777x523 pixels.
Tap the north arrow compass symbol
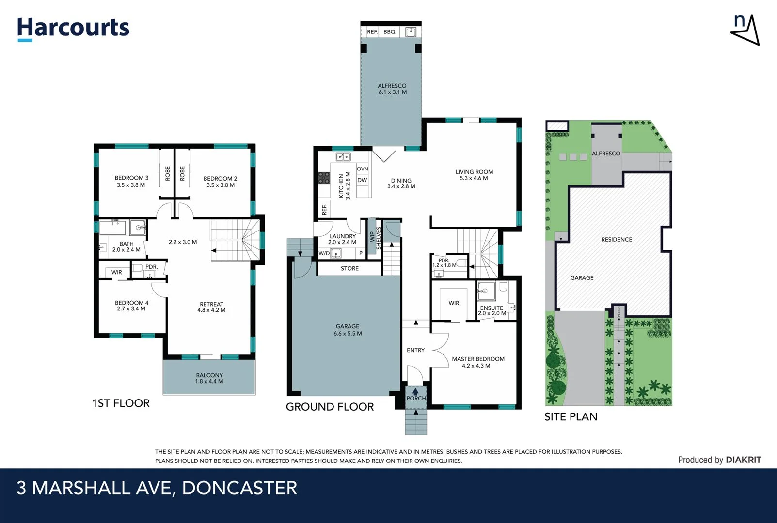tap(745, 30)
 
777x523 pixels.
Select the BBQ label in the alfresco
tap(389, 32)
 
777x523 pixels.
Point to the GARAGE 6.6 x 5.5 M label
tap(348, 330)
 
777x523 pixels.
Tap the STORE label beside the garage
tap(349, 268)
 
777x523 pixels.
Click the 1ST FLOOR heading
tap(121, 403)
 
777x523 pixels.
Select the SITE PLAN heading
tap(571, 416)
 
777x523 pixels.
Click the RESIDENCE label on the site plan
tap(617, 239)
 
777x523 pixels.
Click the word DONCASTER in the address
tap(239, 488)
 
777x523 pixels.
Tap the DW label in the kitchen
tap(362, 180)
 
